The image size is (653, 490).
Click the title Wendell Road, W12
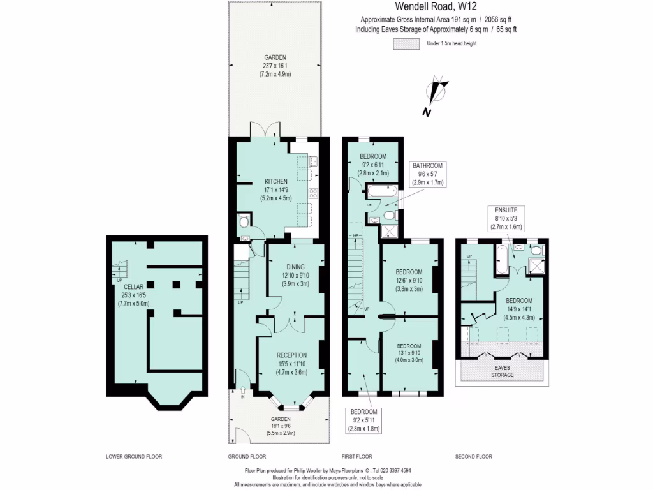436,8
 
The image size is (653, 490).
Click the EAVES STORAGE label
502,371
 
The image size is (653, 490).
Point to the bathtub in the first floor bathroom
381,191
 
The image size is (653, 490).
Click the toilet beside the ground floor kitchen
243,223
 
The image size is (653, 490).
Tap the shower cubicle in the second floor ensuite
536,264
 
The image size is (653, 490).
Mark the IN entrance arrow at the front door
242,394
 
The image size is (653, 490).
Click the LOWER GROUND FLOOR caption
134,457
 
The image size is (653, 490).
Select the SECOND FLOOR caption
473,457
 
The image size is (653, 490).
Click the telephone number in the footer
392,471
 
